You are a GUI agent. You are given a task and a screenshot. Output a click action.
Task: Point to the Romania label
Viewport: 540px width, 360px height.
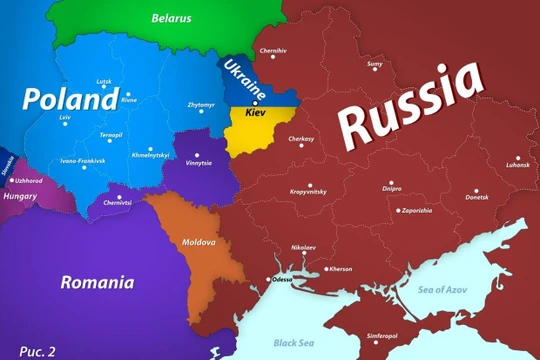point(97,282)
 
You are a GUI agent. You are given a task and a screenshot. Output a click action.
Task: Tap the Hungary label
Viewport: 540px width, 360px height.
point(19,198)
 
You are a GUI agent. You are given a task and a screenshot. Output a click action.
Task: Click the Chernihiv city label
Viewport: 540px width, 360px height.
point(273,50)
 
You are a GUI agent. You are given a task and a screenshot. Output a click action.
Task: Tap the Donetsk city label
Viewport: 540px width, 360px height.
point(477,197)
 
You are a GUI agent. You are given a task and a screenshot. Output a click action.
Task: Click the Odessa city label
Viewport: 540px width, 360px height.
point(282,280)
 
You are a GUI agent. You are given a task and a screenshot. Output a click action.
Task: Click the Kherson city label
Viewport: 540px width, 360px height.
point(341,269)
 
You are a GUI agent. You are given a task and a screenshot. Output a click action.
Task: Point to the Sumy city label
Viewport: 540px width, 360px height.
point(376,65)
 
